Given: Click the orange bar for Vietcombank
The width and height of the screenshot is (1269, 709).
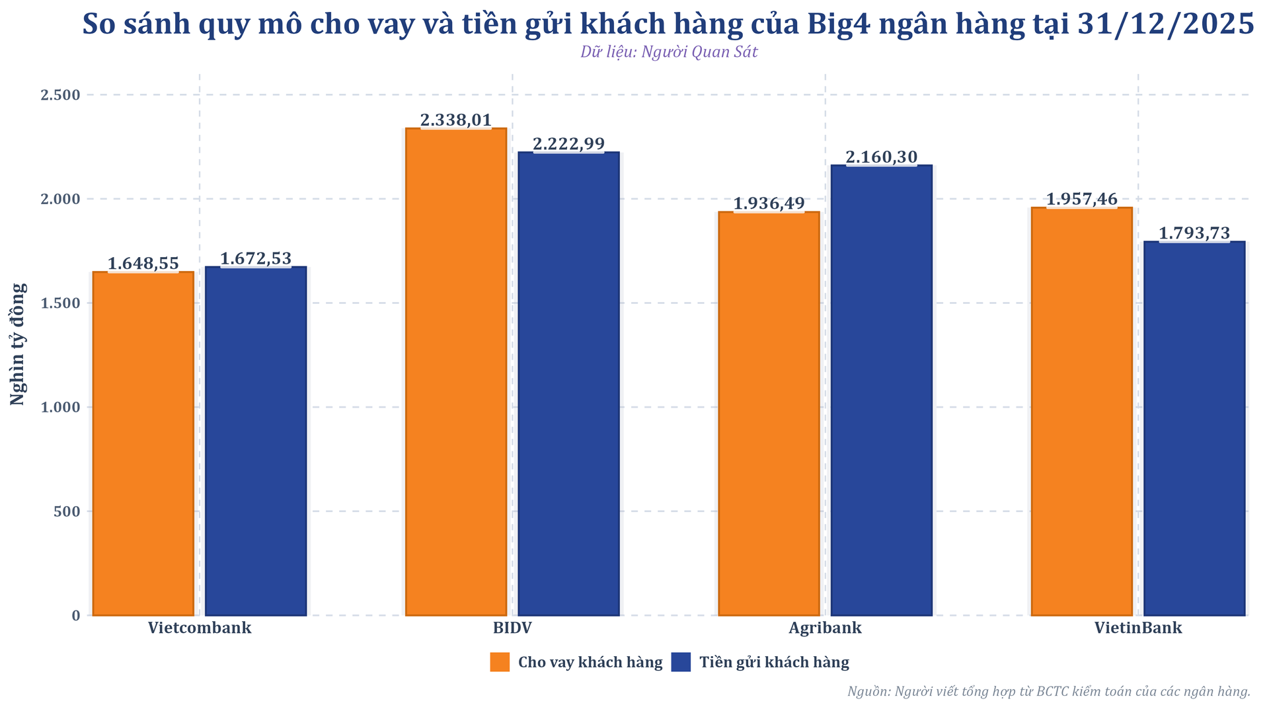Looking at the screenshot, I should click(143, 443).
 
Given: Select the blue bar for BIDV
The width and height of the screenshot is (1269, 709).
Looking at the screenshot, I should click(568, 383).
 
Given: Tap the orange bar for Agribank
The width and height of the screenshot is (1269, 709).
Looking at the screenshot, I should click(769, 414).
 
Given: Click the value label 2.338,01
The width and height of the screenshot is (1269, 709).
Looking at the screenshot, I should click(456, 120).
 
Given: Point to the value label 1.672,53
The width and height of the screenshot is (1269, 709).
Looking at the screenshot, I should click(256, 259).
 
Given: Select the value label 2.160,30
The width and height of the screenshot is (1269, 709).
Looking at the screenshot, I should click(882, 157).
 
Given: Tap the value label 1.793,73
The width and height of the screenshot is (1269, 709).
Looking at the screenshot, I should click(1194, 233).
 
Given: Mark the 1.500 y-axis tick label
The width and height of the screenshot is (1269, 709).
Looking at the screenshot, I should click(61, 303).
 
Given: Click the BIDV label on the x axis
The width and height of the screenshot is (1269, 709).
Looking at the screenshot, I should click(512, 628).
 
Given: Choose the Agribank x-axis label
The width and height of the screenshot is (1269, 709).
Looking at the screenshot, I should click(825, 628).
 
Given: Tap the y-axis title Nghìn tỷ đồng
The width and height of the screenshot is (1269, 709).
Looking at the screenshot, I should click(19, 344).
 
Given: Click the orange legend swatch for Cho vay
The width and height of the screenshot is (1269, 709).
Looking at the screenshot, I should click(500, 662).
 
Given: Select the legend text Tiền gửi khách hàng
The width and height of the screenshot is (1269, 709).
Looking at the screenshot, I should click(774, 662).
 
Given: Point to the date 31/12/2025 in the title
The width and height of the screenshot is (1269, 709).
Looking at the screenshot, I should click(1165, 25).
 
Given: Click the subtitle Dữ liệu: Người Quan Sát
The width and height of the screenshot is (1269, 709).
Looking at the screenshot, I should click(669, 52).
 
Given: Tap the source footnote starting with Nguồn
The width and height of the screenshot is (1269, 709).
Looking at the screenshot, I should click(1048, 692).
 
